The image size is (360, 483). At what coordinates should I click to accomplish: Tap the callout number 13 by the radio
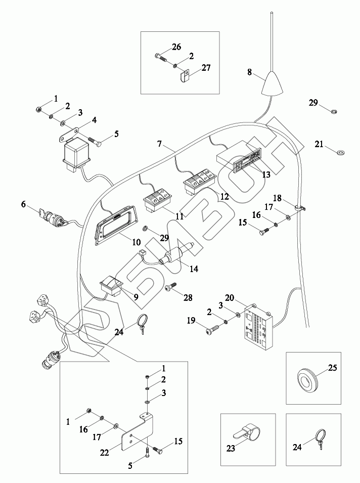coord(265,174)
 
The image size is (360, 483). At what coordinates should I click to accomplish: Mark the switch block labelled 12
coord(200,183)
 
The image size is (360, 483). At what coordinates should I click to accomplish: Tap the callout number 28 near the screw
coord(188,298)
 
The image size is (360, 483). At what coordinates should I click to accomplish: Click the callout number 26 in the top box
coord(175,47)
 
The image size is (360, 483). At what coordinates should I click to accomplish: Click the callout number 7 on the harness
coord(159,144)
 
